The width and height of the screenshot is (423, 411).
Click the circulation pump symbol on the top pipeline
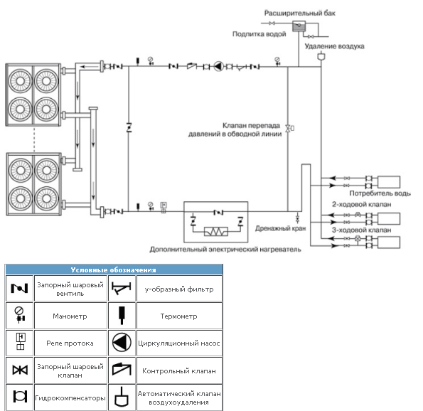point(218,66)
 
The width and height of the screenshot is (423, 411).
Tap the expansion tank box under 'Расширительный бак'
point(299,26)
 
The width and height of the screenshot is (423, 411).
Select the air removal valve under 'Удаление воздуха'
point(321,56)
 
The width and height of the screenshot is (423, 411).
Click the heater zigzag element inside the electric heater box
point(216,232)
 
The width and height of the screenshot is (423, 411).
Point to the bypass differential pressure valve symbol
point(289,128)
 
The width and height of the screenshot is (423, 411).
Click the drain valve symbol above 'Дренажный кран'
point(298,218)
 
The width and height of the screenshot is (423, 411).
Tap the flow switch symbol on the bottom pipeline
point(164,207)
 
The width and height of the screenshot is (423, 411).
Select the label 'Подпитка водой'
point(259,34)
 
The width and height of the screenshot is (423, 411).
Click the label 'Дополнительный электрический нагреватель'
point(225,249)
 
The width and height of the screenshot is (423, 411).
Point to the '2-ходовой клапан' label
point(361,204)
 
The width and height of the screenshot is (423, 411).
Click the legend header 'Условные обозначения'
point(113,270)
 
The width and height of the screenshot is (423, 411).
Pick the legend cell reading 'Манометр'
point(70,316)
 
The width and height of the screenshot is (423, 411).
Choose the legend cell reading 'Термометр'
point(179,316)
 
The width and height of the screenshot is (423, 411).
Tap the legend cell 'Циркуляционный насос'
point(179,343)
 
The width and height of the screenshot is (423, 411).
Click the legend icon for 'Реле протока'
point(21,341)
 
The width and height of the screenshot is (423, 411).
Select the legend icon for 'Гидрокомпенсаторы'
point(20,397)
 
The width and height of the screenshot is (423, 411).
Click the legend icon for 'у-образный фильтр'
point(122,288)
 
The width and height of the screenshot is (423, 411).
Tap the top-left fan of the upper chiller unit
point(20,80)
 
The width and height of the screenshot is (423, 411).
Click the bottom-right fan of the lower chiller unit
point(46,198)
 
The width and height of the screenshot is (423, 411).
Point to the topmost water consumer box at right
point(388,182)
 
